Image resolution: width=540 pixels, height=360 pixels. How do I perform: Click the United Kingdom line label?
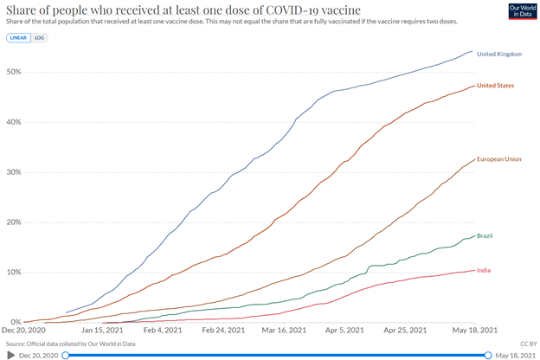pyautogui.click(x=500, y=55)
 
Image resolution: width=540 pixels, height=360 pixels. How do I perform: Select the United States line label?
pyautogui.click(x=498, y=86)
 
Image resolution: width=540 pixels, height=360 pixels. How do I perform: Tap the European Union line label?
pyautogui.click(x=500, y=159)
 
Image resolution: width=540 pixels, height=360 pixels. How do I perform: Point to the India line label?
pyautogui.click(x=484, y=270)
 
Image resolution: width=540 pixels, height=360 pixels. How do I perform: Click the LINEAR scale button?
pyautogui.click(x=17, y=38)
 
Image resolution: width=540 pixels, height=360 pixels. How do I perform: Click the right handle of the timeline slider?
pyautogui.click(x=489, y=355)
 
